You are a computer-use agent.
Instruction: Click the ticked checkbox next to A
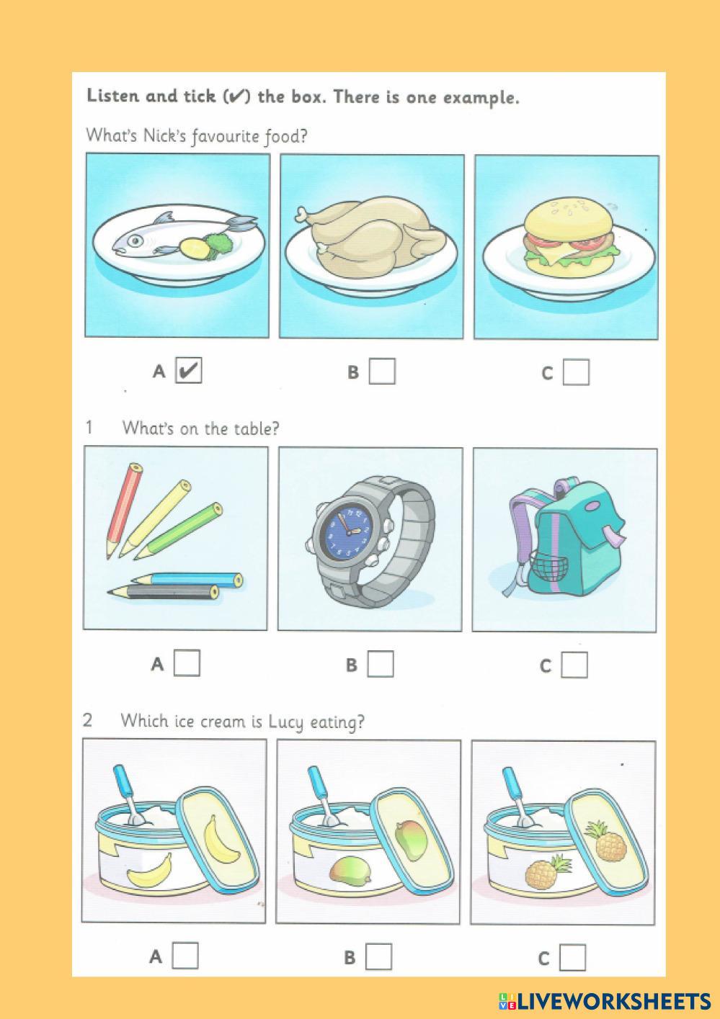coord(189,370)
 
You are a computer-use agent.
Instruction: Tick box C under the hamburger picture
coord(576,372)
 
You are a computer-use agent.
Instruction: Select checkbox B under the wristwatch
coord(381,665)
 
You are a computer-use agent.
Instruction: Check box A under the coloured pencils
coord(187,663)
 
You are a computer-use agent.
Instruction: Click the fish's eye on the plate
coord(134,241)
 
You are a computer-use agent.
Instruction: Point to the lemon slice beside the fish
coord(194,247)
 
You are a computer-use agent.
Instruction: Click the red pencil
coord(123,510)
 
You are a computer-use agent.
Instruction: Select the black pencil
coord(163,591)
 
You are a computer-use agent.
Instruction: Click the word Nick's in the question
coord(164,135)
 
